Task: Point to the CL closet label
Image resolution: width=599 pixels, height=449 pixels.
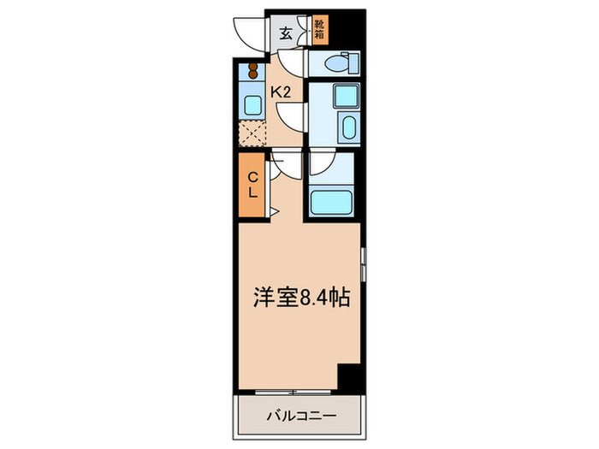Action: [x=253, y=185]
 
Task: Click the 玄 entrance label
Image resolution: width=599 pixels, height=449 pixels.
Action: [x=286, y=34]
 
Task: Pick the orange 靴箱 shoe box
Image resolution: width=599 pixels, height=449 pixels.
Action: [x=319, y=32]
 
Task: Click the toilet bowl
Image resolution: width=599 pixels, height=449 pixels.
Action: [x=340, y=63]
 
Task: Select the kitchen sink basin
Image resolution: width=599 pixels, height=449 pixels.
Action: [x=253, y=105]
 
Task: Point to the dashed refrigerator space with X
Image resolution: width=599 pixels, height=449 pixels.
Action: [x=253, y=133]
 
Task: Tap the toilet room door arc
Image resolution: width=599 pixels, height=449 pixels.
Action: [x=292, y=63]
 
